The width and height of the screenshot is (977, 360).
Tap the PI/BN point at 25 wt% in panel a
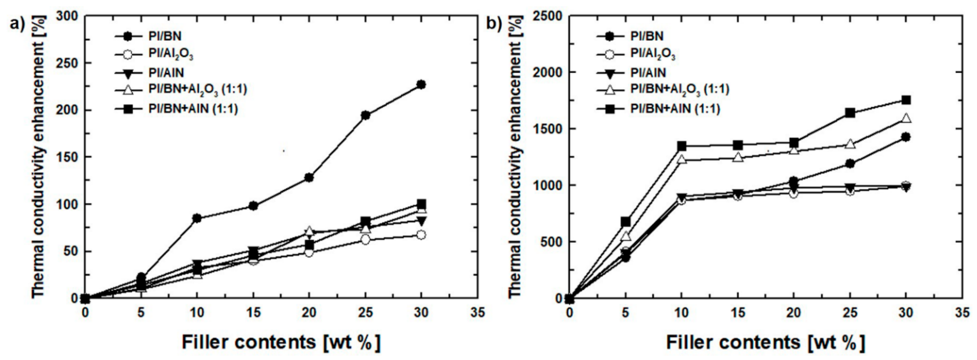365,115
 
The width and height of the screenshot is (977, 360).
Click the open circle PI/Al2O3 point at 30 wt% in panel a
421,235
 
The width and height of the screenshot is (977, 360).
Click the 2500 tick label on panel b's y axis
546,16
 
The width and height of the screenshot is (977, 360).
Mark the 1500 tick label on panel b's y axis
546,129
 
